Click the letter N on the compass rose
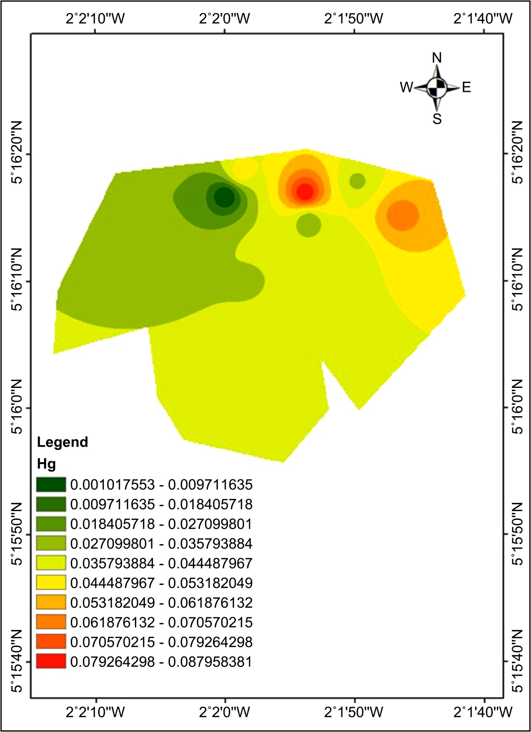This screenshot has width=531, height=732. pyautogui.click(x=437, y=58)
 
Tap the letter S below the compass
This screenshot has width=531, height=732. pyautogui.click(x=437, y=118)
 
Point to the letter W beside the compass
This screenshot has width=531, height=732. pyautogui.click(x=407, y=87)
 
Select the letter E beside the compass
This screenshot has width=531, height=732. pyautogui.click(x=466, y=87)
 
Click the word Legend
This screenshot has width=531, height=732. pyautogui.click(x=62, y=442)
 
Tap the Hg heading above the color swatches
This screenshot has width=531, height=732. pyautogui.click(x=46, y=464)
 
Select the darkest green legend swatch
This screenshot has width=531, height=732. pyautogui.click(x=51, y=484)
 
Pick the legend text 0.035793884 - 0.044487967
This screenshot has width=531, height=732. pyautogui.click(x=161, y=563)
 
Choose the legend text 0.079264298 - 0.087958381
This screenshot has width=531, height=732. pyautogui.click(x=161, y=662)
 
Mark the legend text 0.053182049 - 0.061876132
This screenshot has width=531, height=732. pyautogui.click(x=161, y=603)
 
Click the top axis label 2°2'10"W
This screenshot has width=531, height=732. pyautogui.click(x=95, y=18)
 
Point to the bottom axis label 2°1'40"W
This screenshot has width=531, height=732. pyautogui.click(x=483, y=711)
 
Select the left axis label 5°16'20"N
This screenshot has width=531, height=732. pyautogui.click(x=18, y=154)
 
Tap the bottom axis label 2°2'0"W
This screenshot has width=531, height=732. pyautogui.click(x=224, y=711)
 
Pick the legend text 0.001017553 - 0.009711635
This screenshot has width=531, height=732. pyautogui.click(x=161, y=485)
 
